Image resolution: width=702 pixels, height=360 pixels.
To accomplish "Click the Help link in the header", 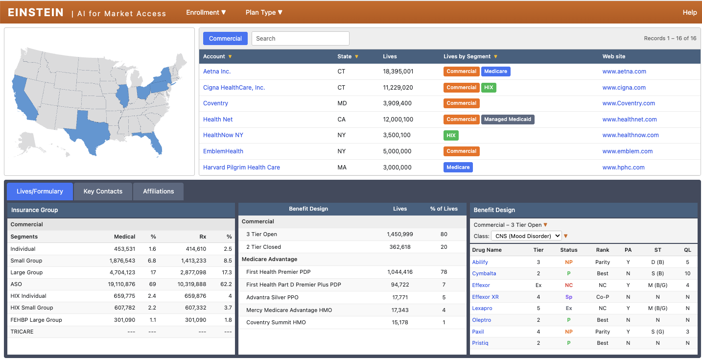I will point(689,13).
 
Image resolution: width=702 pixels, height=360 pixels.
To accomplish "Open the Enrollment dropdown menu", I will point(206,13).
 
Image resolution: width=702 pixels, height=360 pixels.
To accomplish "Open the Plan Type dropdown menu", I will point(264,13).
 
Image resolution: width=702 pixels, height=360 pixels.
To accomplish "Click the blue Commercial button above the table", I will point(225,39).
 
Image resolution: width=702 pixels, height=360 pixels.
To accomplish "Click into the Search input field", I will point(300,39).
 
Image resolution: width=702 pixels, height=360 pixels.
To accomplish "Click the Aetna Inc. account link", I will point(217,72).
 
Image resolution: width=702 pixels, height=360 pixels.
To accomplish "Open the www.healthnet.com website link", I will point(630,120).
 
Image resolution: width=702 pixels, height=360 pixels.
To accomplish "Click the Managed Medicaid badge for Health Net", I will point(507,120).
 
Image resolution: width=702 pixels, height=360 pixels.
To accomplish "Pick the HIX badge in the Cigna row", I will point(489,88).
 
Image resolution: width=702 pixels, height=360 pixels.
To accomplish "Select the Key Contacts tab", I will point(103,192).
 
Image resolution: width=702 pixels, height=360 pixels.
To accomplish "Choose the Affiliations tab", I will point(158,192).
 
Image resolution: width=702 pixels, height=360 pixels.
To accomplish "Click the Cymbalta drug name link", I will point(484,274).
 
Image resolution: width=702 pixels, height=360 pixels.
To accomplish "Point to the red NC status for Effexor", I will point(568,286).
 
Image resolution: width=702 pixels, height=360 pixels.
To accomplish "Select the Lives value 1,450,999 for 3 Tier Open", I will point(400,235).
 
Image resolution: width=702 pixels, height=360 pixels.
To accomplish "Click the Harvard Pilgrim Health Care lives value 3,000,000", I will point(397,168).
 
